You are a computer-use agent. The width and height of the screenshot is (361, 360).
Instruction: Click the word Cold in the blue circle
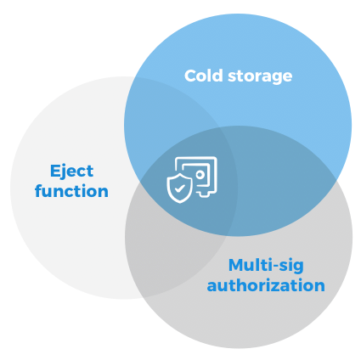pos(204,76)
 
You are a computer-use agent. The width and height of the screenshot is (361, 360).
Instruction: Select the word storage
pos(260,77)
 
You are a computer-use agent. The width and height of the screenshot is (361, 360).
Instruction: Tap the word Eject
pos(72,172)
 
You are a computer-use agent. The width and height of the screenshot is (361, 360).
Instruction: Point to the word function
pos(71,190)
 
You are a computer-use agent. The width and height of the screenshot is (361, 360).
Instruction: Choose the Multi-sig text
pos(266,266)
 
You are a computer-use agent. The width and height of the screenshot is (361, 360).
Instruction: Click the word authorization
pos(266,285)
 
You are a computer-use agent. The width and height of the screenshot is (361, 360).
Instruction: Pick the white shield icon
pos(179,188)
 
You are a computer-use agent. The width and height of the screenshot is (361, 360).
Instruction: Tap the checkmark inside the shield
pos(180,188)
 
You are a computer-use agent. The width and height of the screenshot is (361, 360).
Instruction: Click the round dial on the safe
pos(200,175)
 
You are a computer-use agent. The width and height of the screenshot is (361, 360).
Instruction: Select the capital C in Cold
pos(191,76)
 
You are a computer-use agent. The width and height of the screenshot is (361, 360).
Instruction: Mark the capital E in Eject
pos(55,171)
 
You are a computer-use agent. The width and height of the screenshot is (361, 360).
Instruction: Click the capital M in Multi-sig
pos(236,265)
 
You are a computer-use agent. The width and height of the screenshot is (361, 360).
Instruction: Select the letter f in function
pos(39,190)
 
